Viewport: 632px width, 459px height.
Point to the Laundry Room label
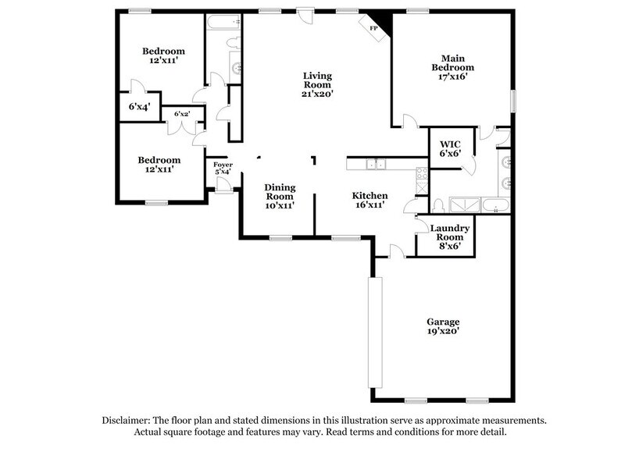point(450,232)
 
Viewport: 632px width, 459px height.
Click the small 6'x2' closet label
point(182,114)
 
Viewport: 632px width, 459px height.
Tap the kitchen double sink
point(377,164)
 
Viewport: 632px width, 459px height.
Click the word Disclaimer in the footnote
point(129,420)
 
